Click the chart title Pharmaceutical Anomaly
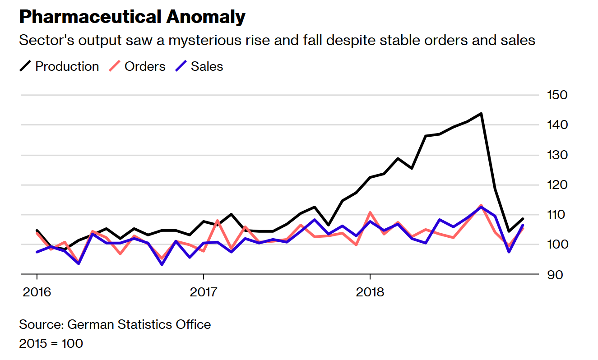pyautogui.click(x=132, y=17)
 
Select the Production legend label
pyautogui.click(x=67, y=66)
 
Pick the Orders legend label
pyautogui.click(x=145, y=66)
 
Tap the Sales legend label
pyautogui.click(x=207, y=66)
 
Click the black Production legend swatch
pyautogui.click(x=25, y=66)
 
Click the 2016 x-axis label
pyautogui.click(x=37, y=292)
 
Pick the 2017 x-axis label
pyautogui.click(x=204, y=292)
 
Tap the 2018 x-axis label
pyautogui.click(x=370, y=292)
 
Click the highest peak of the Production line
pyautogui.click(x=481, y=113)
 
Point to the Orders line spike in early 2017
pyautogui.click(x=218, y=221)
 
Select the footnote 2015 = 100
pyautogui.click(x=51, y=343)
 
